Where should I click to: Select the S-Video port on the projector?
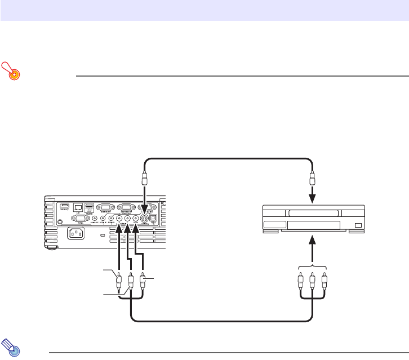[x=145, y=218]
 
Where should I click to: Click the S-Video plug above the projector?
[x=145, y=180]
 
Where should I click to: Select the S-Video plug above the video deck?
[x=312, y=180]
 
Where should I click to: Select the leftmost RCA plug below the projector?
[x=119, y=280]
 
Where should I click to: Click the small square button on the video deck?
[x=358, y=225]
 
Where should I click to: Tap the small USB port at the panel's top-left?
[x=64, y=205]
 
